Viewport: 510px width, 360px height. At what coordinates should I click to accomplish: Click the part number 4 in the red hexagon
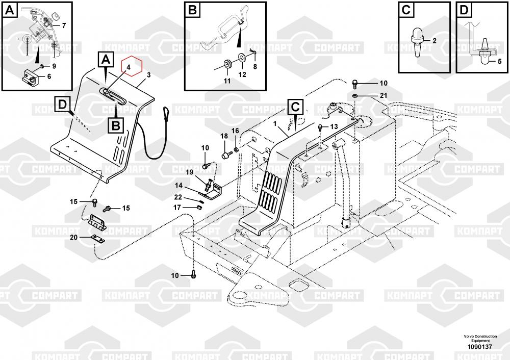click(x=129, y=67)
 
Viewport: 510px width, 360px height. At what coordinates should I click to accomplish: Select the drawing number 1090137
click(x=480, y=347)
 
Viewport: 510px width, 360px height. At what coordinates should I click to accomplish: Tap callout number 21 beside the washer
click(x=384, y=95)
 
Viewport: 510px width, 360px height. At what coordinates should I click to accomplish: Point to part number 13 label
click(x=334, y=126)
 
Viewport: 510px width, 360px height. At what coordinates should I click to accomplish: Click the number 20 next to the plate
click(x=74, y=238)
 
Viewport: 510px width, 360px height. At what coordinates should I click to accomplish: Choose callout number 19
click(x=190, y=172)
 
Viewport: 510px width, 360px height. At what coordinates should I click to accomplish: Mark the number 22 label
click(x=178, y=197)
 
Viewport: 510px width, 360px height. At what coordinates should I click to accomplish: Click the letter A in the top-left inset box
click(x=10, y=10)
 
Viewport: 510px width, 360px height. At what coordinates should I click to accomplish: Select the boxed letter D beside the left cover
click(x=62, y=105)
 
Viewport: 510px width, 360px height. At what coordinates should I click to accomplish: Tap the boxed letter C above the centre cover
click(x=295, y=107)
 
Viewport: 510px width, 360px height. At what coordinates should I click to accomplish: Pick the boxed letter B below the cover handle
click(x=116, y=125)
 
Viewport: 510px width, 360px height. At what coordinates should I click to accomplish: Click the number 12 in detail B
click(x=242, y=74)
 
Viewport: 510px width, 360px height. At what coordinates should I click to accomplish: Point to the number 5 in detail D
click(x=500, y=61)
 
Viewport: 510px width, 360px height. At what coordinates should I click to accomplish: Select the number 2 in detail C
click(x=435, y=41)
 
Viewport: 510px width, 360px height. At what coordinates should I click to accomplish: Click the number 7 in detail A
click(x=64, y=25)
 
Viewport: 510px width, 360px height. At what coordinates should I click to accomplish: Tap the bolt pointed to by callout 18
click(x=225, y=155)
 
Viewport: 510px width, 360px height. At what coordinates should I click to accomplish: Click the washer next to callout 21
click(x=355, y=96)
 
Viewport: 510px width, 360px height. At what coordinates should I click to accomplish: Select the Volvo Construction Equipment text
click(x=480, y=338)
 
